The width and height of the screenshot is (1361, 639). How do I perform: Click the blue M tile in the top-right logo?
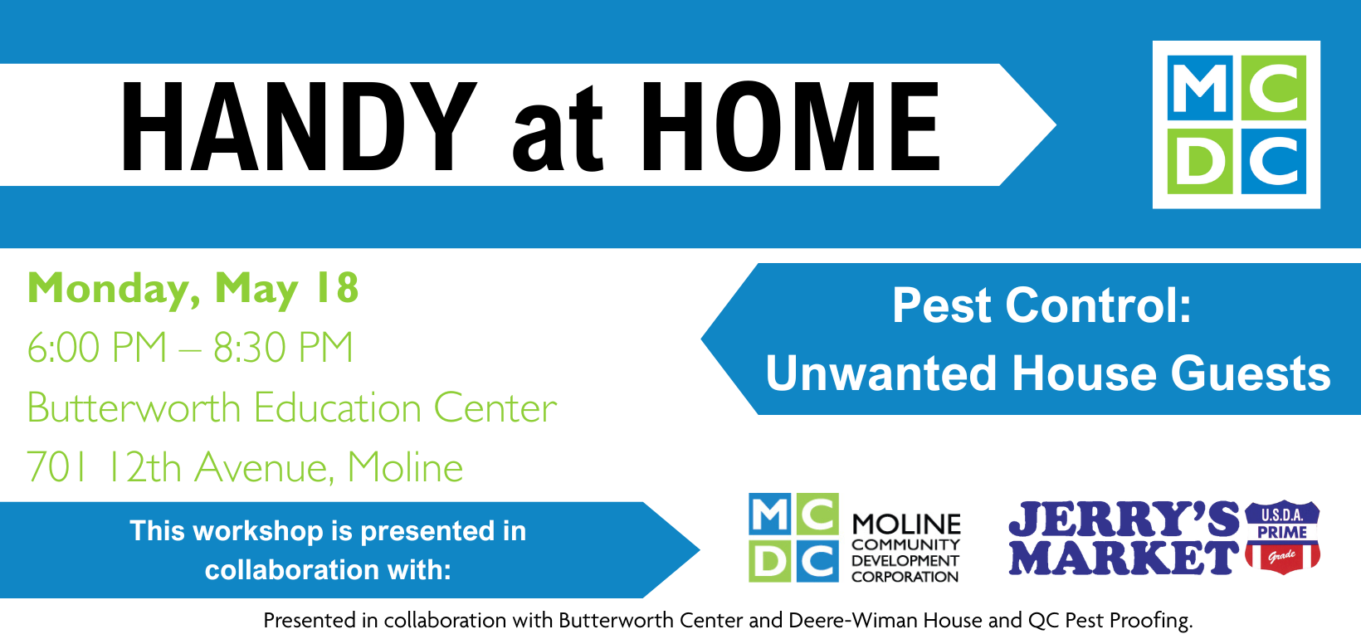tap(1200, 88)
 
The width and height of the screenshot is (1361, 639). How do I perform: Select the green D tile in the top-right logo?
tap(1200, 161)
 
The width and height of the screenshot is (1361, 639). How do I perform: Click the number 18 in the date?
tap(336, 289)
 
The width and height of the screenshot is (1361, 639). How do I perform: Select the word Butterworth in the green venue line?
tap(134, 408)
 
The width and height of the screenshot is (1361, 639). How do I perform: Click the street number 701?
tap(56, 467)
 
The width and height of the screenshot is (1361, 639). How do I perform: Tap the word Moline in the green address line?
tap(405, 467)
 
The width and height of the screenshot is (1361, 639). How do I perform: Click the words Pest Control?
tap(1041, 305)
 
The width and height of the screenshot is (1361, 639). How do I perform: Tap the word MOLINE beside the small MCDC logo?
tap(906, 524)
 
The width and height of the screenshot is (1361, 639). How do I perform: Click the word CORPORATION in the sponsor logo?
tap(905, 577)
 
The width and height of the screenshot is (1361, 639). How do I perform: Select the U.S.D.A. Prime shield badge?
tap(1282, 536)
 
